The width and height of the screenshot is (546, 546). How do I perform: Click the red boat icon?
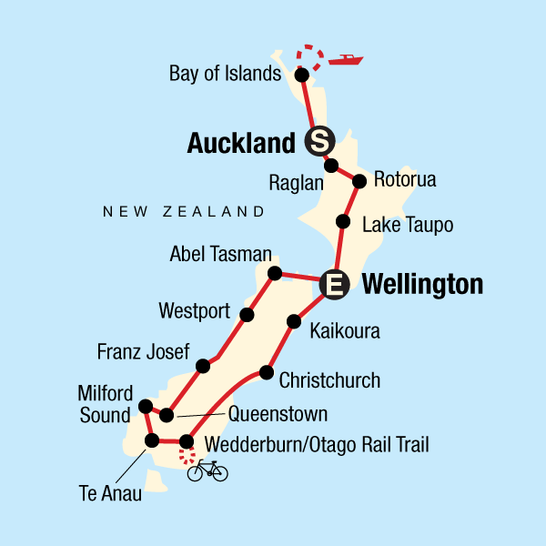click(346, 61)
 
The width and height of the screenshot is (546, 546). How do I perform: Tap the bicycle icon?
click(207, 470)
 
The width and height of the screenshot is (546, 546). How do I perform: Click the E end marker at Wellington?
click(335, 285)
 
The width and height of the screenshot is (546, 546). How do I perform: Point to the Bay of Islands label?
click(226, 74)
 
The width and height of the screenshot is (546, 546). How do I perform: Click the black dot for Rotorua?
click(359, 180)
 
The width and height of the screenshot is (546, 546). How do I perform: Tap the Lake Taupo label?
click(408, 224)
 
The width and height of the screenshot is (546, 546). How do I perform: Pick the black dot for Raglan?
click(332, 166)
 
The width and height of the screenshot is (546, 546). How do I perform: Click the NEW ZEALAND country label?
click(184, 211)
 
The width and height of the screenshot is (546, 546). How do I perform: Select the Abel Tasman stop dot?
click(275, 272)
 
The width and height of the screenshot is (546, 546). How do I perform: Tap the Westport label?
click(194, 311)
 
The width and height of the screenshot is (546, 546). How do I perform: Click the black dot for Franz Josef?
click(203, 366)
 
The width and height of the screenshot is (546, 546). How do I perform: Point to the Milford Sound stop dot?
click(145, 406)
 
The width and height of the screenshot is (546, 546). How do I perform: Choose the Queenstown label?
click(278, 415)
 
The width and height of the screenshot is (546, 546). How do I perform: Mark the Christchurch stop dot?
click(266, 372)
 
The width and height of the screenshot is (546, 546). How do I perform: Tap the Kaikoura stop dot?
click(293, 321)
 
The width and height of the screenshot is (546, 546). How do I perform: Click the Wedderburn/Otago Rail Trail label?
click(318, 445)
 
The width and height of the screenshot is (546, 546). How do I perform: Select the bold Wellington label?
click(422, 285)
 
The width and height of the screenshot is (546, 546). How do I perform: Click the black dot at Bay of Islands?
click(302, 75)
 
